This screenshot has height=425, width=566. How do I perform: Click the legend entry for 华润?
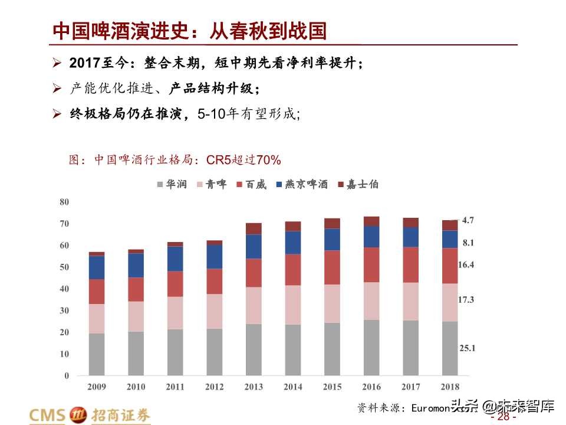coord(172,184)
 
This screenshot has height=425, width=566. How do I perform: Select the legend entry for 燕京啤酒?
coord(300,184)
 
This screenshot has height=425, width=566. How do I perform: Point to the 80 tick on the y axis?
coord(64,202)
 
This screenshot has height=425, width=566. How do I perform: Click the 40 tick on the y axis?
coord(64,289)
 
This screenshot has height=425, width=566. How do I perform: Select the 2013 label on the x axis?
coord(254,387)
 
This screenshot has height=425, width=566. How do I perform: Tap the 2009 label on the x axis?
coord(96,387)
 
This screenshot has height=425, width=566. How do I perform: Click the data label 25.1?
coord(467,348)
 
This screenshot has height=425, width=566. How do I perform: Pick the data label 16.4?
coord(466,265)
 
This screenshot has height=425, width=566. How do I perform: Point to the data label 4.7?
coord(468,220)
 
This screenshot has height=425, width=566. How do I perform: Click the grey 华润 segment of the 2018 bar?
coord(449,348)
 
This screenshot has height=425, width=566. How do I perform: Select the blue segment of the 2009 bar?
coord(96,267)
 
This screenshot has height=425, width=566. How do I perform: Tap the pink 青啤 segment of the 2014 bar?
coord(292,305)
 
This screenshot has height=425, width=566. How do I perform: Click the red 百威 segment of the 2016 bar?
coord(371,264)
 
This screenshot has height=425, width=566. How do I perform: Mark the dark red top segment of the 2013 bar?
coord(254,228)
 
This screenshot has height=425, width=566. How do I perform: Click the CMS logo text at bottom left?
coord(48,415)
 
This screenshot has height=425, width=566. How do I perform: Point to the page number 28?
coord(502,417)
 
